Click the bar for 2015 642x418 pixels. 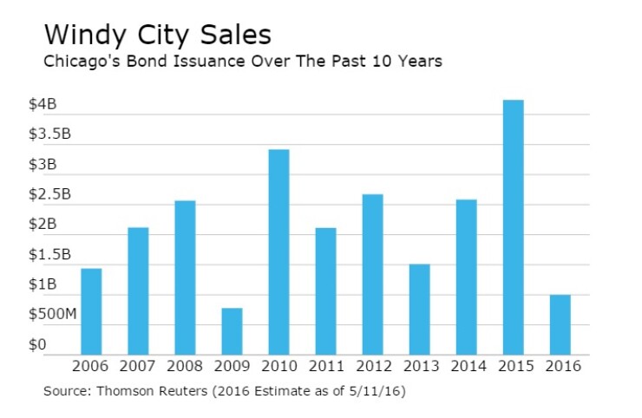click(x=513, y=227)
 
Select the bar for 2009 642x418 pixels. click(x=232, y=331)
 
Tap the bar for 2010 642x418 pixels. click(x=278, y=251)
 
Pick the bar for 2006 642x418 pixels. click(x=91, y=311)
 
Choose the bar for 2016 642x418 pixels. click(x=560, y=324)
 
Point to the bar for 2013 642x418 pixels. click(x=419, y=309)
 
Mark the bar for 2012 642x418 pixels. click(x=372, y=274)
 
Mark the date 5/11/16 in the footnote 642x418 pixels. click(x=377, y=391)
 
